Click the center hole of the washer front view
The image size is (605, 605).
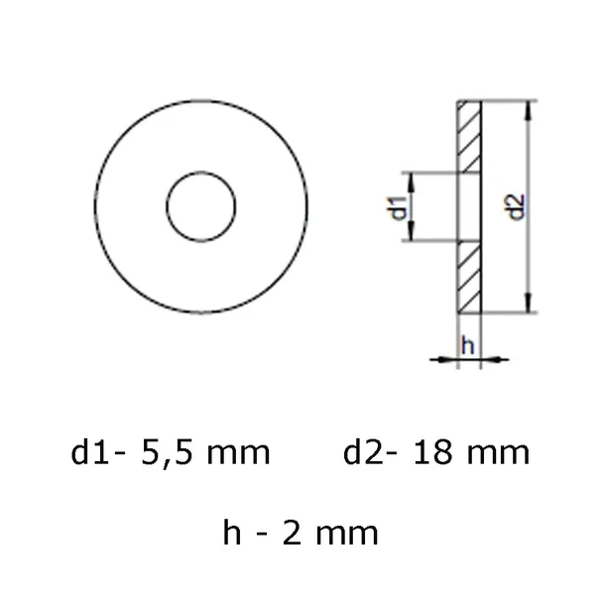201,208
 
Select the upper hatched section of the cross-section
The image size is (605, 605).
468,137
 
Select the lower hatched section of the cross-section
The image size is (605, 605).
468,278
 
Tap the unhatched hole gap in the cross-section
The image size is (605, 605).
468,207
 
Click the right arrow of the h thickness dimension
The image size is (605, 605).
491,360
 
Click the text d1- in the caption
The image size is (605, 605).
96,453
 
